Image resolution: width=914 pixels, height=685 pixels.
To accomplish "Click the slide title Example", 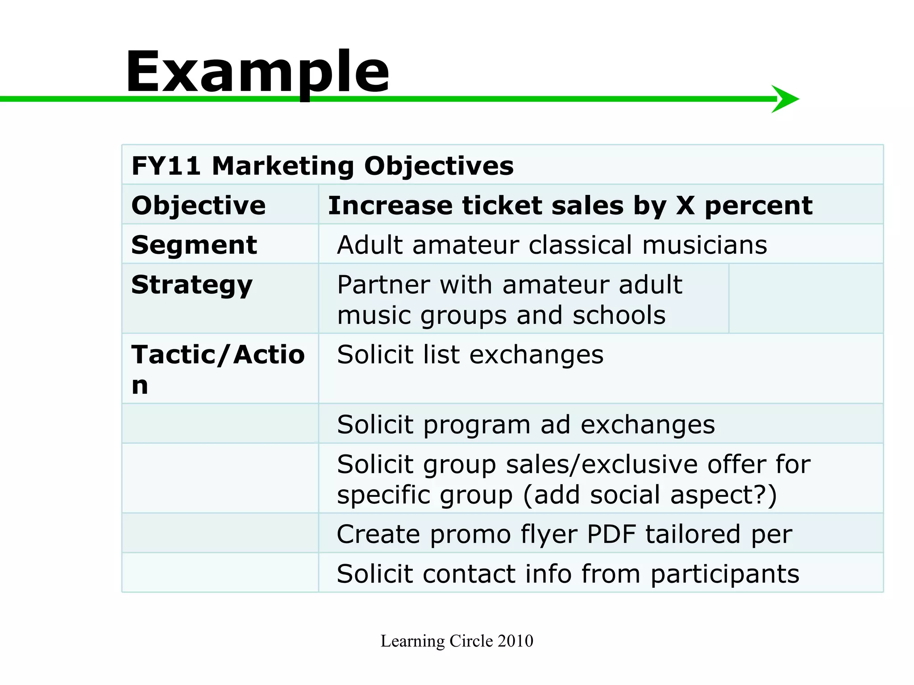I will pos(258,72).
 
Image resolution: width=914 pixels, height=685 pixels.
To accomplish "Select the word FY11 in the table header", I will pos(166,166).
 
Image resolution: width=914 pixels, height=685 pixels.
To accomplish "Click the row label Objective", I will pos(199,206).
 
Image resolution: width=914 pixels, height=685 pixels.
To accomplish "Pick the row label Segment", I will pos(194,245).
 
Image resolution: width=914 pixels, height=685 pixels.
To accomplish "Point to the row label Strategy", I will pos(192,285).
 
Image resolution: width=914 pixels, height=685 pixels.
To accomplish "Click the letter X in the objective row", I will pos(685,206).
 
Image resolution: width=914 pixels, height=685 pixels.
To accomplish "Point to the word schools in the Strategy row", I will pos(619,315).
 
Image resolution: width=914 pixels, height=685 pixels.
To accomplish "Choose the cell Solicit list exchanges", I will pos(470,355).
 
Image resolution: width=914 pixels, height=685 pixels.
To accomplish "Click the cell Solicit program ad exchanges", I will pos(526,425).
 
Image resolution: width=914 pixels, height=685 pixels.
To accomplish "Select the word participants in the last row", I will pos(725,574).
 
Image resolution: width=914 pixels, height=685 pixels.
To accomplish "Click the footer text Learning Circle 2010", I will pos(457,641).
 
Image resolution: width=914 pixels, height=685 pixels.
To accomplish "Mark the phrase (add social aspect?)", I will pos(650,495).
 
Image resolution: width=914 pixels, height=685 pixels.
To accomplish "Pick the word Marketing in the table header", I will pos(283,166).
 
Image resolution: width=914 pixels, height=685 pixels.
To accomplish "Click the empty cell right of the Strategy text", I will pos(806,298).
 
